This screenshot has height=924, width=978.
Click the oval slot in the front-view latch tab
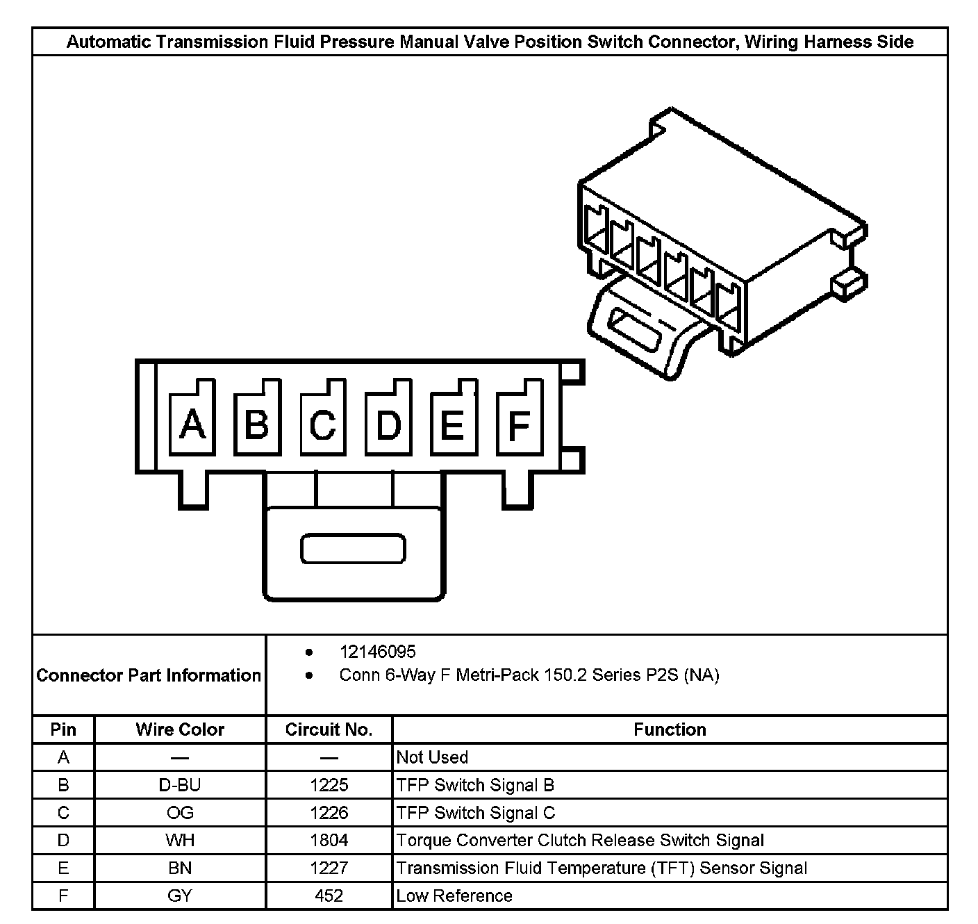coord(353,549)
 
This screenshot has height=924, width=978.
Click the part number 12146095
coord(377,652)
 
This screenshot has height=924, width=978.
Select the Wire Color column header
coord(180,729)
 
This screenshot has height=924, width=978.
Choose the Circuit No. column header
coord(329,729)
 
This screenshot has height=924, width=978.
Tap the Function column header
coord(670,729)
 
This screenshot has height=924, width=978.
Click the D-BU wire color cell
coord(180,785)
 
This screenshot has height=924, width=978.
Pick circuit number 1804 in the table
coord(329,840)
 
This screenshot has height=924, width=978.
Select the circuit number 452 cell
coord(329,896)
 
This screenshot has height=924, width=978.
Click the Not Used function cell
coord(432,757)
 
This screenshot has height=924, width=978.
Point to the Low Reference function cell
coord(454,896)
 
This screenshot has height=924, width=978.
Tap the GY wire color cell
coord(180,896)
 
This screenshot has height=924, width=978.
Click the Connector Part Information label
coord(149,675)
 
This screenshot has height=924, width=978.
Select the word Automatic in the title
coord(108,42)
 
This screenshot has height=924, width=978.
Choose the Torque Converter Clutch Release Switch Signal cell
coord(580,840)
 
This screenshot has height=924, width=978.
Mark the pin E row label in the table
coord(63,868)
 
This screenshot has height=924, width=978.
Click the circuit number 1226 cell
coord(329,813)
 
